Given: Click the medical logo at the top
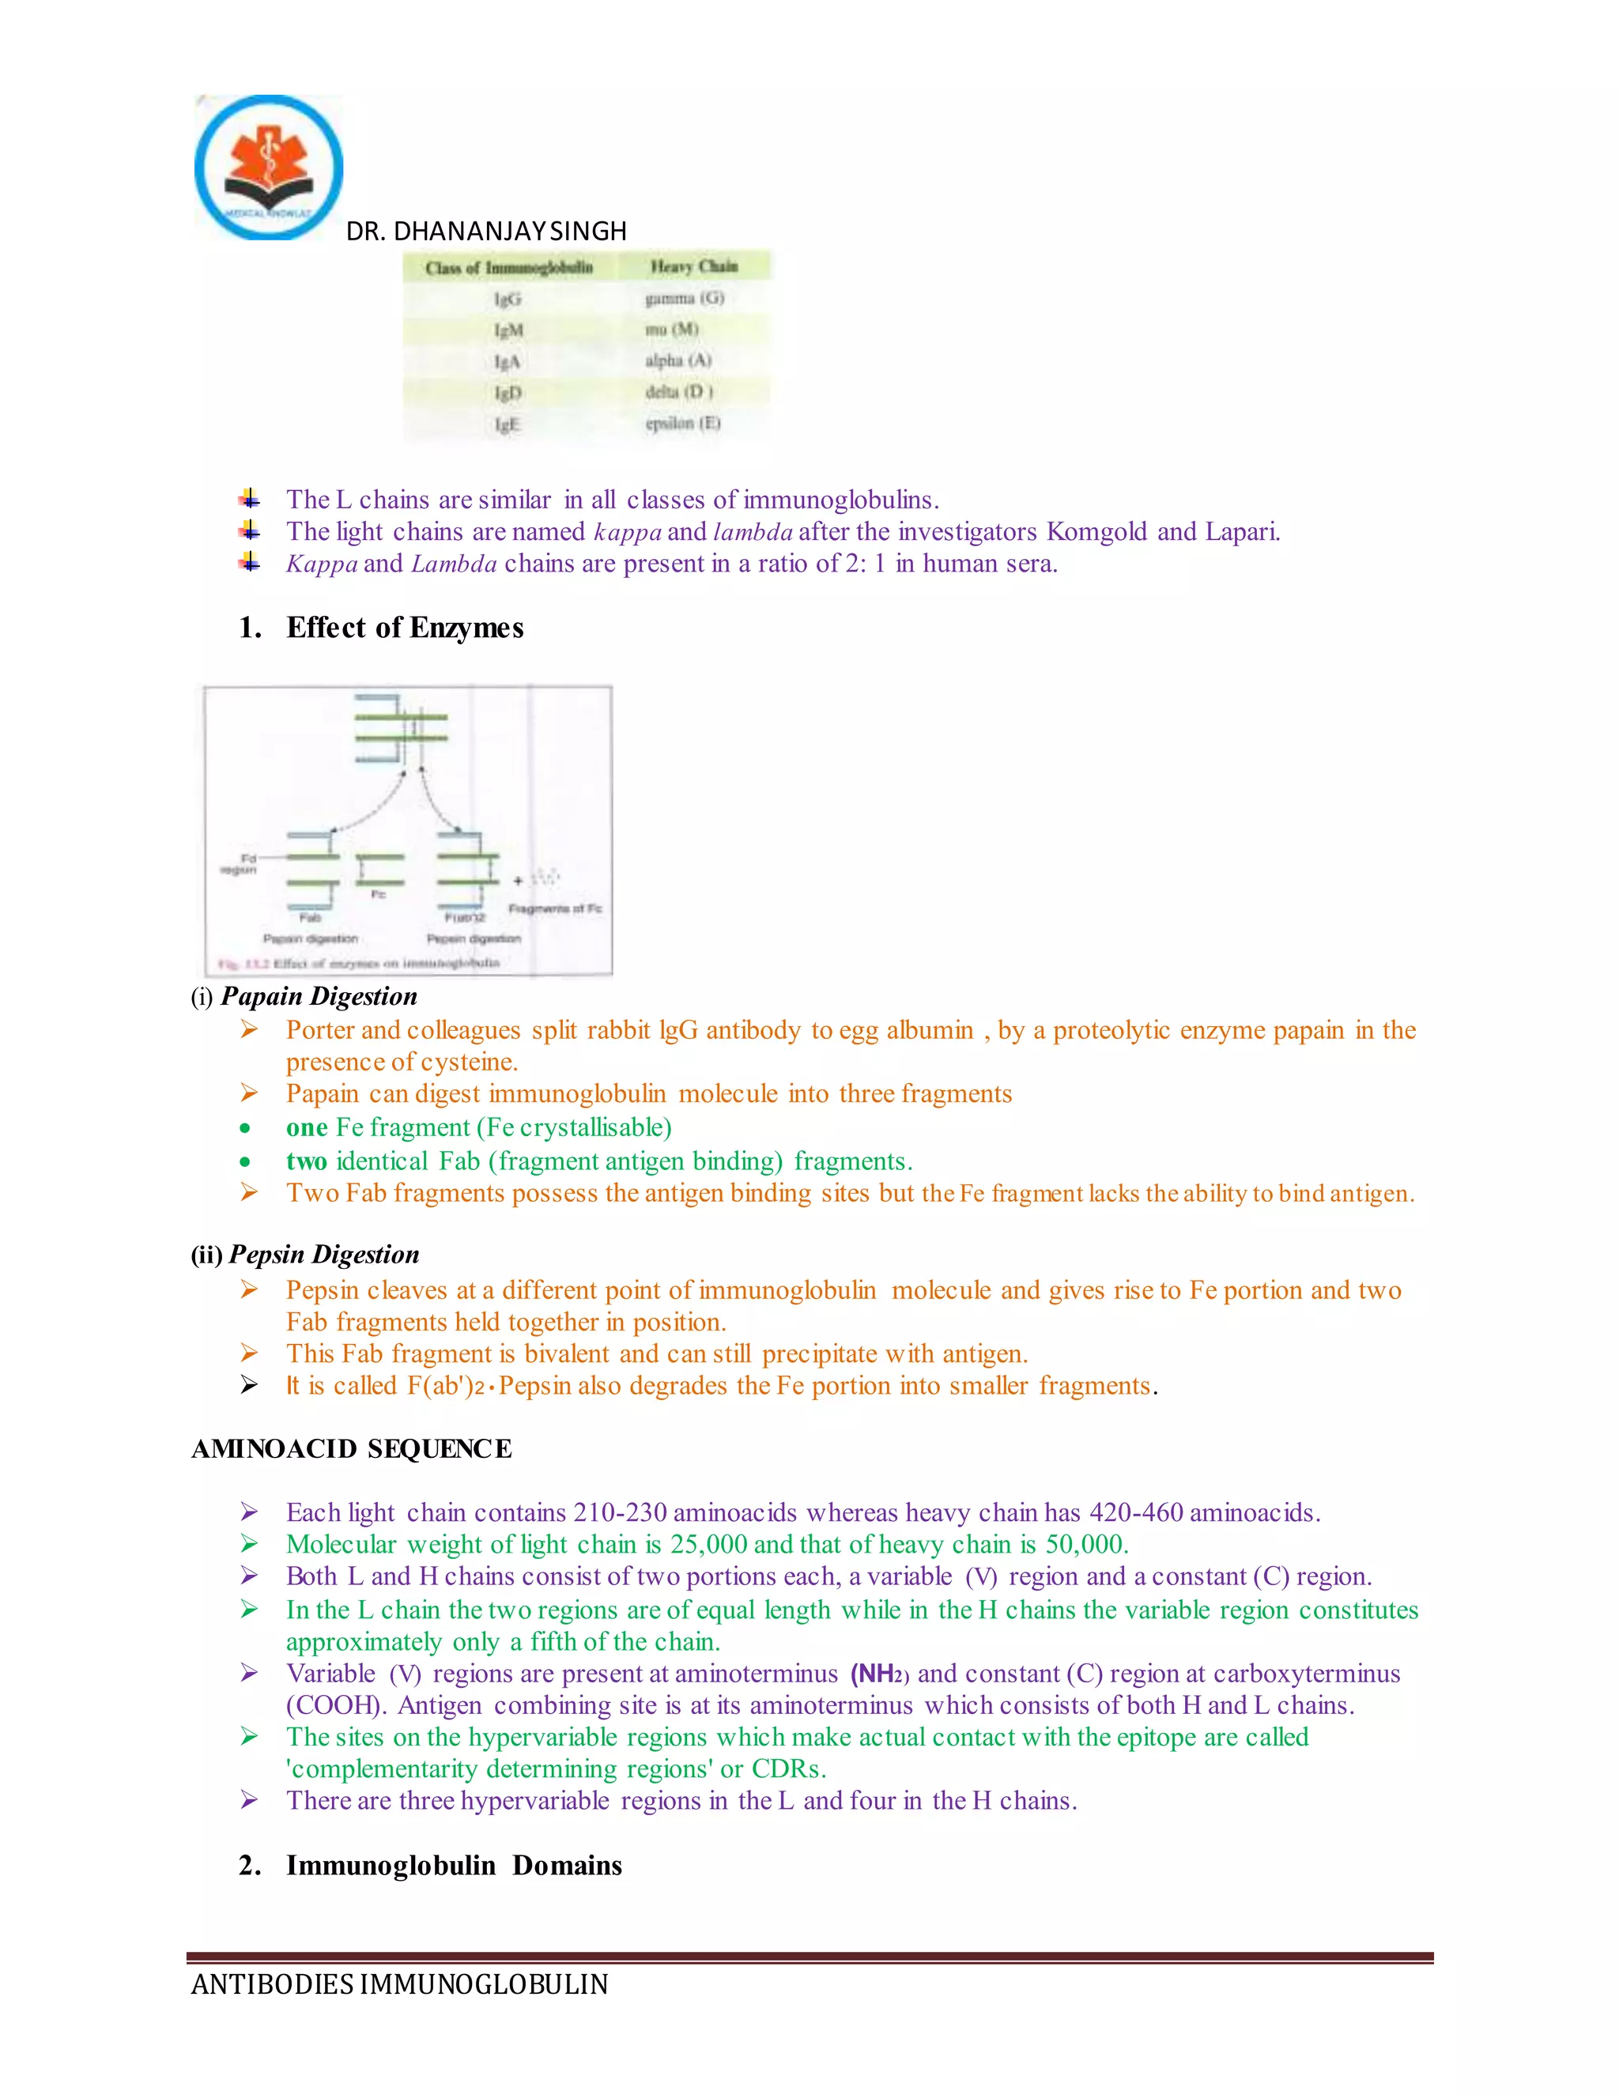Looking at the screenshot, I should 269,167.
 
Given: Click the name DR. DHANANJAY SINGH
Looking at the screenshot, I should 485,231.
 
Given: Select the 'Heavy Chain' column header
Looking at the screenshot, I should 693,266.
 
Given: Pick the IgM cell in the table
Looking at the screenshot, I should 508,330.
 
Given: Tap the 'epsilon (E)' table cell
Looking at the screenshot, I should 682,423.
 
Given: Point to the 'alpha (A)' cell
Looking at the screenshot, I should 678,360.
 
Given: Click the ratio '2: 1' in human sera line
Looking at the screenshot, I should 865,563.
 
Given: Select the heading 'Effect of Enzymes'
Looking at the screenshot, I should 404,628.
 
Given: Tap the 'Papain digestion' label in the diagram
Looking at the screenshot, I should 310,938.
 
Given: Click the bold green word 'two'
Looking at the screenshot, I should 306,1161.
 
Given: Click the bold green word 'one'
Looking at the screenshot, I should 306,1127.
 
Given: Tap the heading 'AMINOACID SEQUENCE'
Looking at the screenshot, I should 351,1448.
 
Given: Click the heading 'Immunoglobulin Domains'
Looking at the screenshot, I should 453,1865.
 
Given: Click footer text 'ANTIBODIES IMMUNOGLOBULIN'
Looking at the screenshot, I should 399,1984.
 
